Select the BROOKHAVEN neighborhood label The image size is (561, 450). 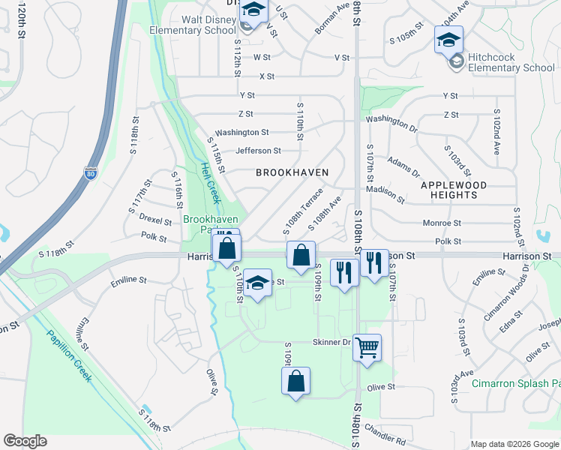[x=292, y=172]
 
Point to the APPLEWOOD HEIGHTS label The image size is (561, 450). [x=454, y=190]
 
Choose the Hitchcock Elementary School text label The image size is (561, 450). [x=511, y=62]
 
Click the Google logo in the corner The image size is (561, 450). [x=25, y=441]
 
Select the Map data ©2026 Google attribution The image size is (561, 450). [x=514, y=444]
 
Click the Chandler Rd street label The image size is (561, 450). [x=385, y=433]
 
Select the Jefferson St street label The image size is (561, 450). [x=258, y=151]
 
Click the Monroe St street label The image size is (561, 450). [x=442, y=223]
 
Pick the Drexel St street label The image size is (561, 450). [x=156, y=218]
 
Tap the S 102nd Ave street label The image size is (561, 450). [x=496, y=131]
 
